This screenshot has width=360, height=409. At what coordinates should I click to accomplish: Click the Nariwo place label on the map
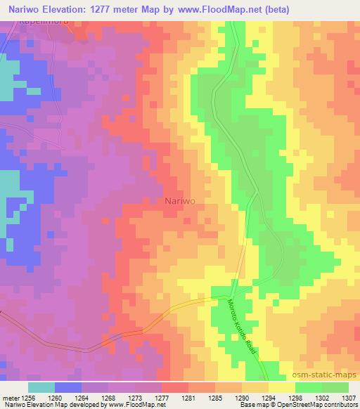pos(180,200)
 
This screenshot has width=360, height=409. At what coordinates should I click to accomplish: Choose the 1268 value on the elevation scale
pos(107,398)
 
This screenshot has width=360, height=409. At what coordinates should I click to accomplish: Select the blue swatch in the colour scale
pos(67,387)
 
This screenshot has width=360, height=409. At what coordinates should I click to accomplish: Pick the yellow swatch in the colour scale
pos(281,387)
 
